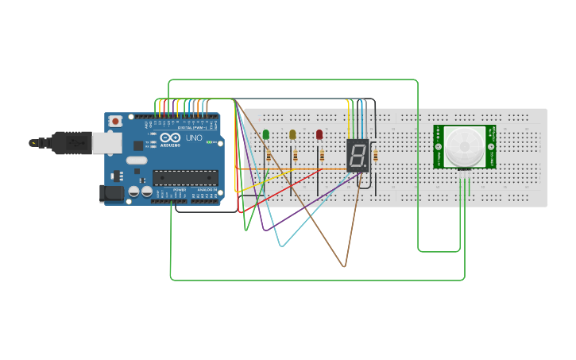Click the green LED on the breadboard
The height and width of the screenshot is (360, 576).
[x=266, y=134]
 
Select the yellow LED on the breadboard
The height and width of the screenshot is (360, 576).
[x=292, y=134]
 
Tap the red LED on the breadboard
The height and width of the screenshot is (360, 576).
[x=319, y=134]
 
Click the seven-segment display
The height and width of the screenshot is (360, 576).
[x=358, y=155]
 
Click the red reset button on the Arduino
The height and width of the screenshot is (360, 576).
[x=116, y=122]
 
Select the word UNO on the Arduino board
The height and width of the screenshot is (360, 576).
[x=194, y=137]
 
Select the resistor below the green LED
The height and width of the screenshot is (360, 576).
[x=269, y=156]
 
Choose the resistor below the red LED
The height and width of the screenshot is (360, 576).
[x=322, y=156]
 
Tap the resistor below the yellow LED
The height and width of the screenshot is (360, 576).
[x=295, y=156]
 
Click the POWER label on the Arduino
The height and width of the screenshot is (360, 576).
[x=179, y=190]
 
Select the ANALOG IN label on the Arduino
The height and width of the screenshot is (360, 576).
[x=204, y=190]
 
